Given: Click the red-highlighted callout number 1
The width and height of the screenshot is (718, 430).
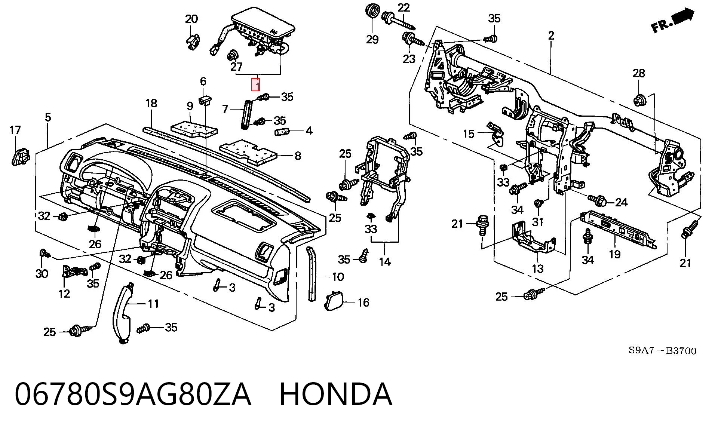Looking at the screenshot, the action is point(256,85).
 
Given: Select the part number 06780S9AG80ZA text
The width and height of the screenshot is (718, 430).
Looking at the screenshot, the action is point(133,394).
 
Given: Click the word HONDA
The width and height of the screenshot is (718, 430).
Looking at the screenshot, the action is point(336,394).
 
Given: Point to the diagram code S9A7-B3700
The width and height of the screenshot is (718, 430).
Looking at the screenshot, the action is point(662,350).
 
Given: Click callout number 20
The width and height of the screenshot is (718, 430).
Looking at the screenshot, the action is point(191,19).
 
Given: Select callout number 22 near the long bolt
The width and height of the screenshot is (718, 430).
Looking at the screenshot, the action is point(404,7).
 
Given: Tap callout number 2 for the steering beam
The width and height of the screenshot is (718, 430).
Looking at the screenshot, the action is point(551,36).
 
